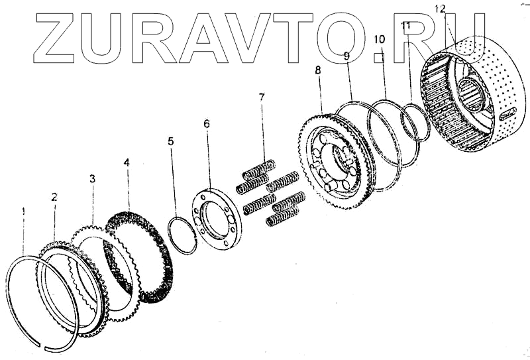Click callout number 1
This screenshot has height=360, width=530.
(x=24, y=211)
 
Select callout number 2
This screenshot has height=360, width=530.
(x=54, y=197)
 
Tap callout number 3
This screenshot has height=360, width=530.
(x=92, y=178)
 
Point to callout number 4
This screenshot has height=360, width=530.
(x=127, y=161)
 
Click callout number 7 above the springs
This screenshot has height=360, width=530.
(x=262, y=97)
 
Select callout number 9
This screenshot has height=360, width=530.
(x=346, y=56)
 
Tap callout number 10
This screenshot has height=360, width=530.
(x=379, y=39)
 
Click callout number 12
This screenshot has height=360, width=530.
(x=441, y=9)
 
